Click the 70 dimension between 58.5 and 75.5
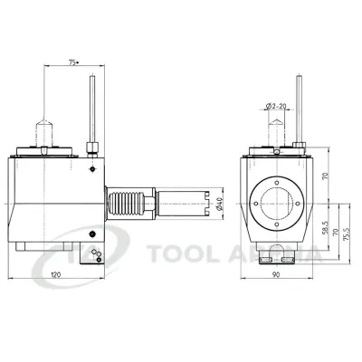click(336, 233)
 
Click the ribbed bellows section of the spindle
click(123, 203)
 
